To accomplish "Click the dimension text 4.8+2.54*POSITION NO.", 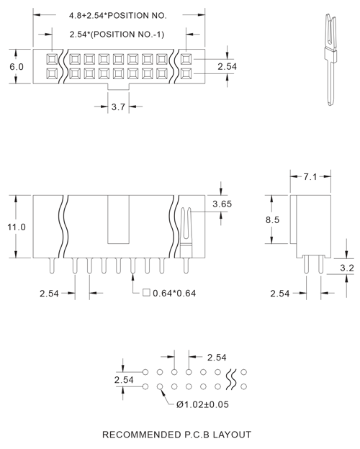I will point(117,14).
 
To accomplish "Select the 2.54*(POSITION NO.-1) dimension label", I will point(117,34).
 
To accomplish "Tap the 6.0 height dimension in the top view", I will point(17,66).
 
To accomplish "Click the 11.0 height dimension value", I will point(17,227).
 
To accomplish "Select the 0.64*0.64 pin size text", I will point(175,293).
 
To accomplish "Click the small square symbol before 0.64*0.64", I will point(146,293).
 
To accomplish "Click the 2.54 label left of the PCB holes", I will point(125,379).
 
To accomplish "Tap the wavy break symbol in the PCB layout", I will point(231,378).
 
